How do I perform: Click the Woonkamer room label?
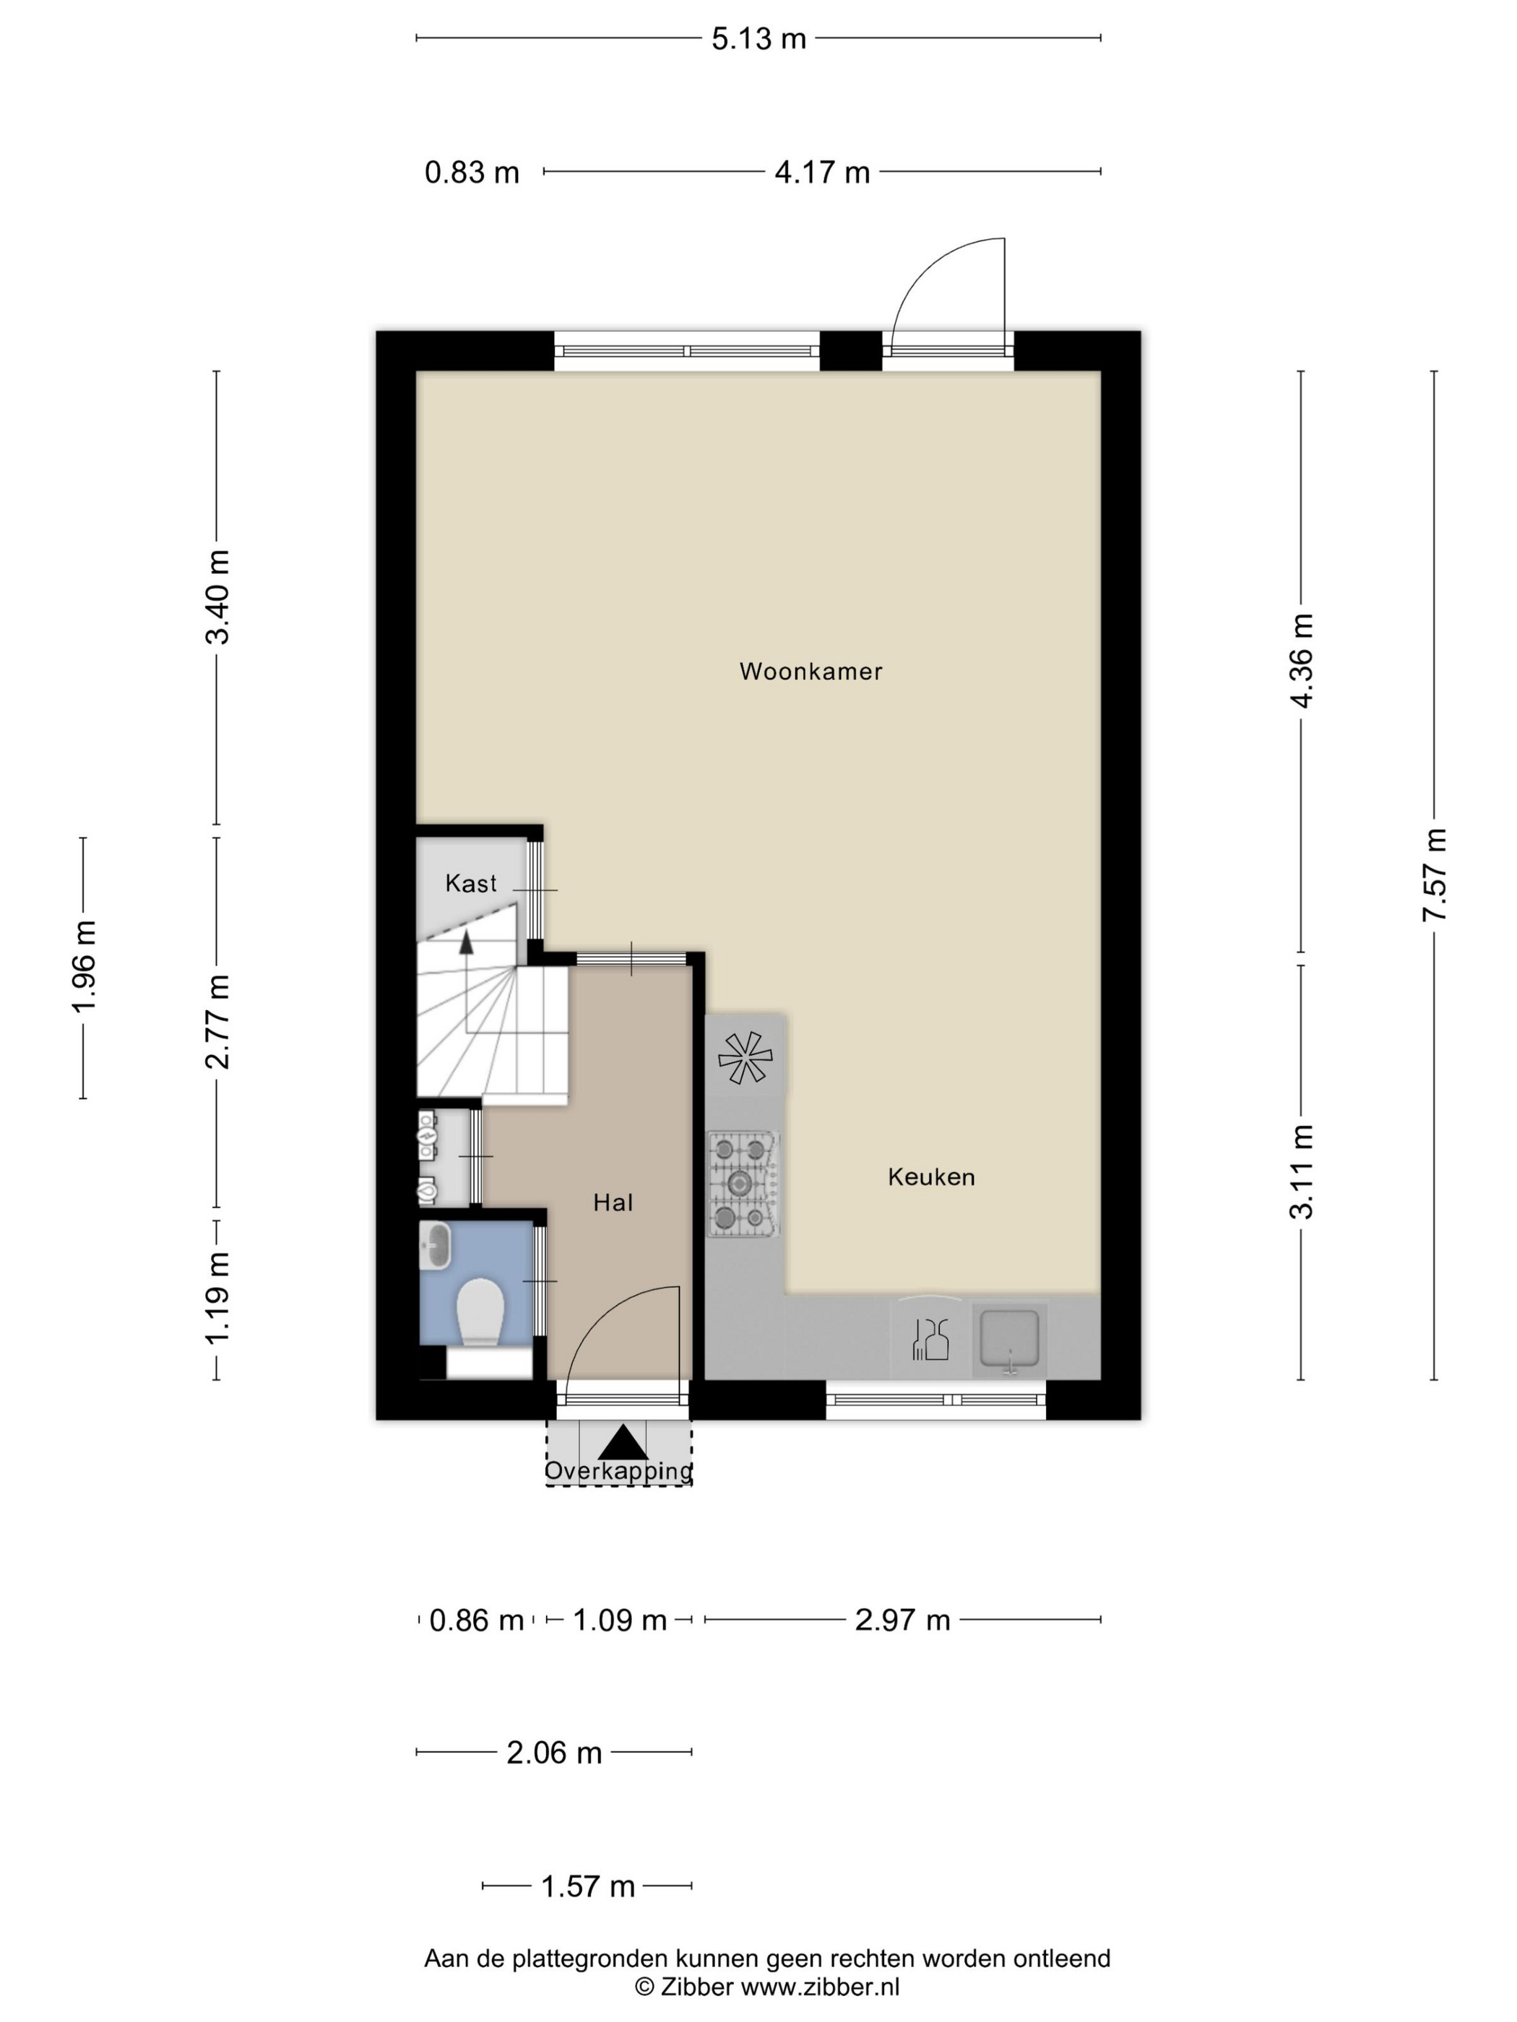tap(811, 672)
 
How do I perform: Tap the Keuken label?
tap(931, 1177)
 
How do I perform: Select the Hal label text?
tap(613, 1203)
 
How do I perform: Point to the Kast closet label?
tap(471, 883)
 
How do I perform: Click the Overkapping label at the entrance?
tap(618, 1471)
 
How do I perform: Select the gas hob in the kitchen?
tap(743, 1184)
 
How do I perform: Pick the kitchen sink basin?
tap(1008, 1340)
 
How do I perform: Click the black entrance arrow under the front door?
tap(623, 1441)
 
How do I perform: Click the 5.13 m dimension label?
tap(759, 39)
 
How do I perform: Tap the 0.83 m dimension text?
tap(472, 172)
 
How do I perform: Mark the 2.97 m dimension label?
tap(902, 1620)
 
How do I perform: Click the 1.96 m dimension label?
tap(84, 966)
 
